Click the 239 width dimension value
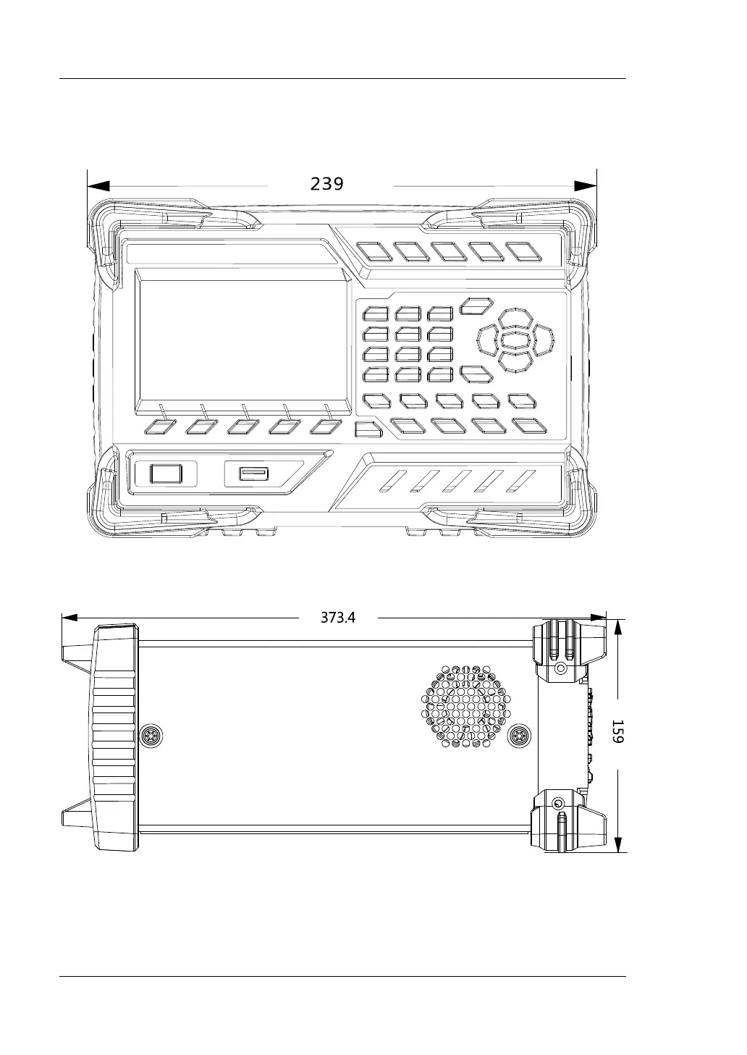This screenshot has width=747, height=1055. [x=326, y=184]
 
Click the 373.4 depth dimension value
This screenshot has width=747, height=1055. [x=338, y=618]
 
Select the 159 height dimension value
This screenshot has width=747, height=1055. [x=617, y=731]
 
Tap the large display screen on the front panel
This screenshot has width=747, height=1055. [x=243, y=342]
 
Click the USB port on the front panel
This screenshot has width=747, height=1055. [x=254, y=473]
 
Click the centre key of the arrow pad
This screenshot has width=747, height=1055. [x=515, y=340]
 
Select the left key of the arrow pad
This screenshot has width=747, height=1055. [x=488, y=340]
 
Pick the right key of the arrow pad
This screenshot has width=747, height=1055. [x=543, y=340]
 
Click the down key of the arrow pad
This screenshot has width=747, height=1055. [x=515, y=362]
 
